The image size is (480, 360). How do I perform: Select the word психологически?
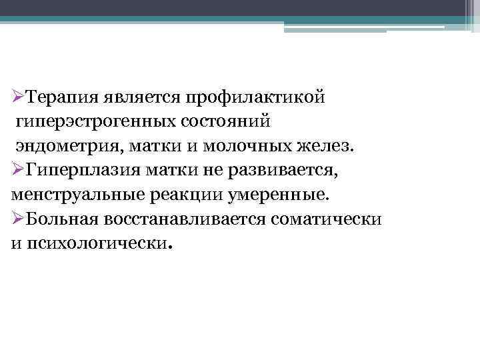[98, 245]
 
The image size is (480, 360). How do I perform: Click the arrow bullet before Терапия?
[19, 98]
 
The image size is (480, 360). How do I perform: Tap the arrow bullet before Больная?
[19, 220]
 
